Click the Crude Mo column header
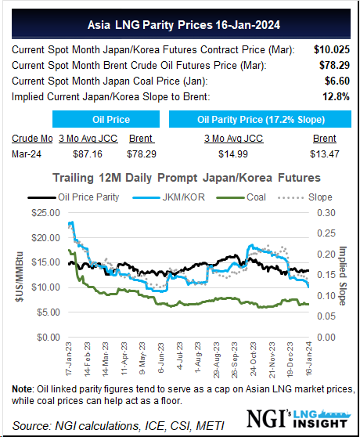(x=31, y=139)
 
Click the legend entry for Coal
(x=254, y=197)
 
